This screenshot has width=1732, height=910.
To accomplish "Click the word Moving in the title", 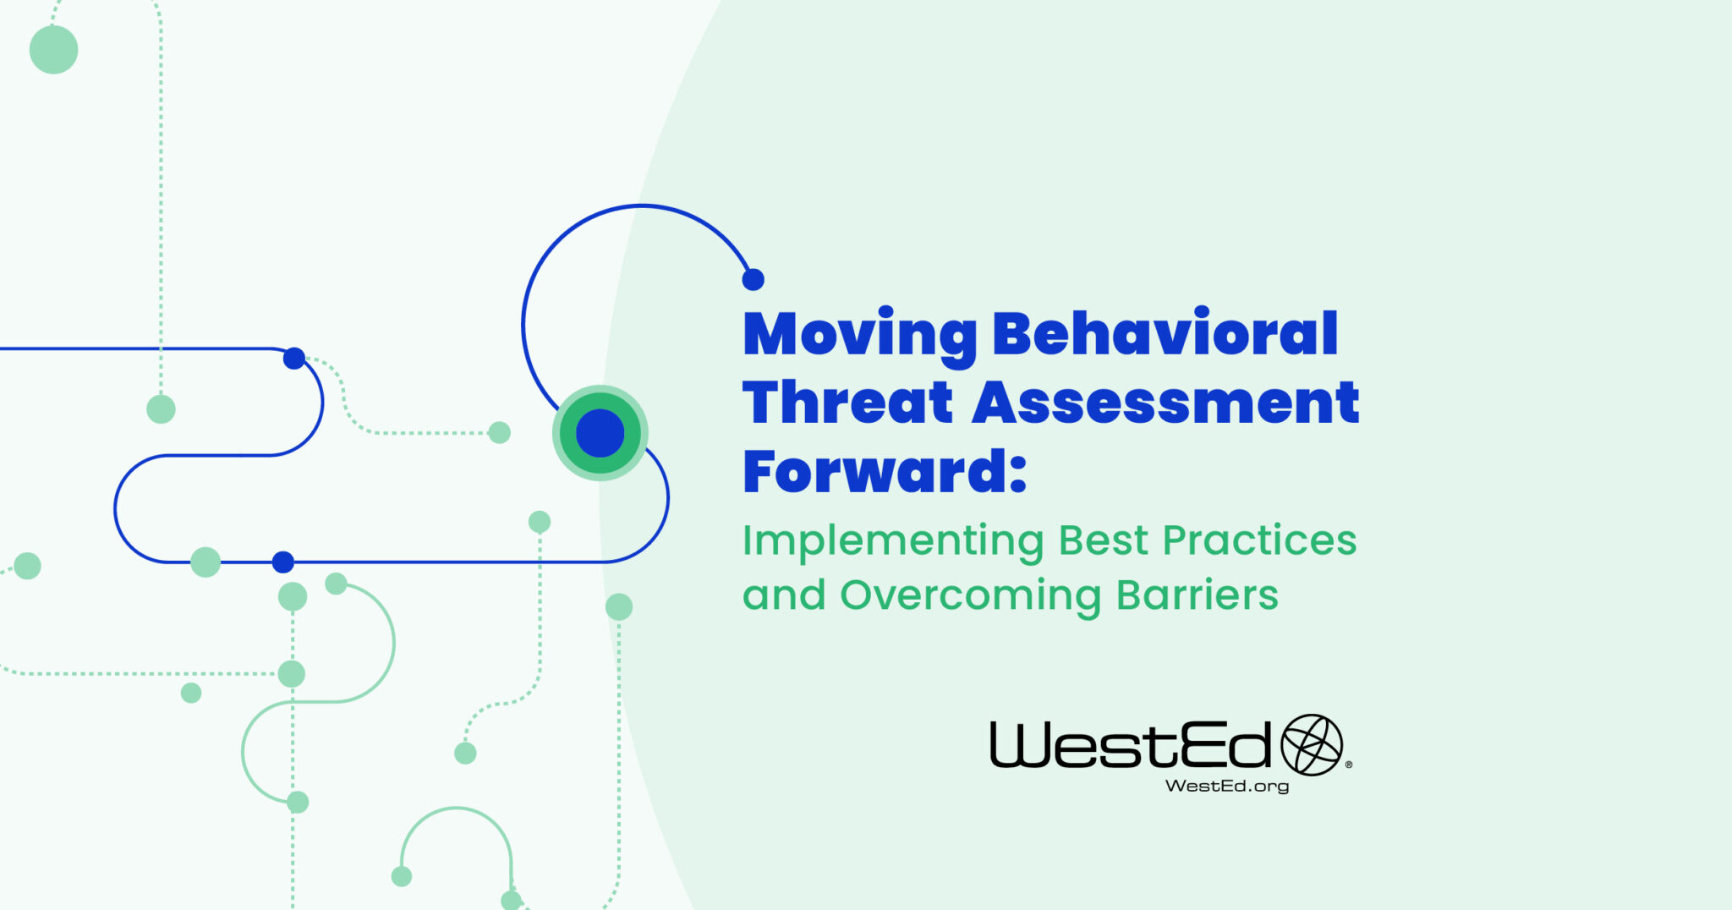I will pos(859,335).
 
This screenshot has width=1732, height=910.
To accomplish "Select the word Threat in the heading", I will pos(847,403).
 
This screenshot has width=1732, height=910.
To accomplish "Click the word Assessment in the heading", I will pos(1165,403).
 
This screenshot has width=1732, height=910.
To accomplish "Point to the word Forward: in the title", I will pos(884,472).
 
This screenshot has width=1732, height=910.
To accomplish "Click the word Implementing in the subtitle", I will pos(893,541).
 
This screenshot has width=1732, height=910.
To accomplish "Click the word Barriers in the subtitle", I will pos(1197,595).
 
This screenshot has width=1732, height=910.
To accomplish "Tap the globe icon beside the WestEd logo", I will pos(1312,745).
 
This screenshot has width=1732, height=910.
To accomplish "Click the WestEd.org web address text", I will pos(1226,786).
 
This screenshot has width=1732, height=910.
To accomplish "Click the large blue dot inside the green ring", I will pos(600,433).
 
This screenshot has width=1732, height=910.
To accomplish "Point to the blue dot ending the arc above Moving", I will pos(753,279).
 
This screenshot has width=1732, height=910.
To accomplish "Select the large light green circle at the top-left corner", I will pos(53,49).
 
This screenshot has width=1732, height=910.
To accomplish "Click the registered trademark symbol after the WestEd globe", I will pos(1348,765).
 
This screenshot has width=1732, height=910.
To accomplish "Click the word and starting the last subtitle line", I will pos(783,595).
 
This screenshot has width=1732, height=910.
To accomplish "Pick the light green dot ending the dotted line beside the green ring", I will pos(500,433).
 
